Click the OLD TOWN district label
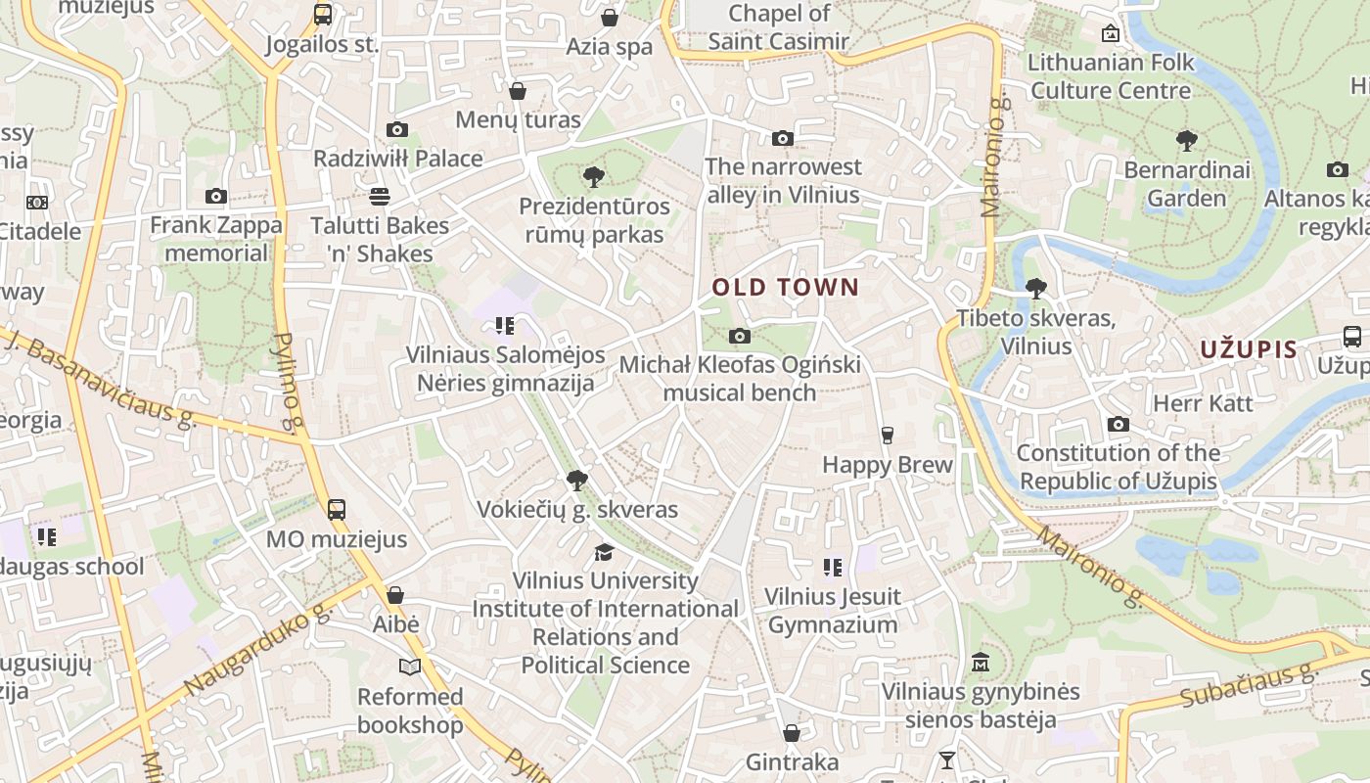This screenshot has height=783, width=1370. [x=785, y=288]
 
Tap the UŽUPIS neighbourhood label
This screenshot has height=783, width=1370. [x=1249, y=349]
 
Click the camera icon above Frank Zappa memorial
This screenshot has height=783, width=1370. [x=216, y=197]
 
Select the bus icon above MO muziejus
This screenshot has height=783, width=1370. [x=337, y=509]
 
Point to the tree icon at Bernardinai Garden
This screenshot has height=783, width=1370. [x=1187, y=141]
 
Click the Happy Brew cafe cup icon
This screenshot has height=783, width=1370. [x=888, y=436]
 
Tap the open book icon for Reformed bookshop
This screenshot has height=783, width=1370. [x=410, y=667]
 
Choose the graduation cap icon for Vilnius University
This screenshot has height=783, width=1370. [x=605, y=552]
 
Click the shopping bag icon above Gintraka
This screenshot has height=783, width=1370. [x=792, y=733]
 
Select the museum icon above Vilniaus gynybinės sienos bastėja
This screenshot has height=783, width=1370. [x=981, y=663]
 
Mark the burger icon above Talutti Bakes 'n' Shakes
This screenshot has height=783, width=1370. [x=380, y=197]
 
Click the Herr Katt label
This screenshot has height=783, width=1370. [x=1203, y=403]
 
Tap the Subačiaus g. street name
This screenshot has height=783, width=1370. [x=1249, y=685]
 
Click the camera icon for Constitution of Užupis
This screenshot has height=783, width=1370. [x=1118, y=424]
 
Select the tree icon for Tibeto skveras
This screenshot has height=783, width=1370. [x=1035, y=289]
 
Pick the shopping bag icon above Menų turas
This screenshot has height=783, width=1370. [x=518, y=91]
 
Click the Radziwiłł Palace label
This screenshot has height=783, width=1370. [x=397, y=159]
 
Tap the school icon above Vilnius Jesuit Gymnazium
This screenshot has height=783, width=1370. [x=833, y=568]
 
